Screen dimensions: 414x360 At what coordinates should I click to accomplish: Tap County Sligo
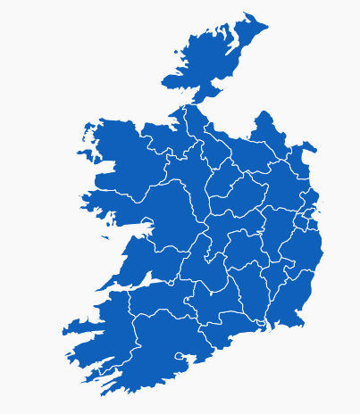(161, 138)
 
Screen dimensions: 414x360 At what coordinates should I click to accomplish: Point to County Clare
(147, 268)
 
